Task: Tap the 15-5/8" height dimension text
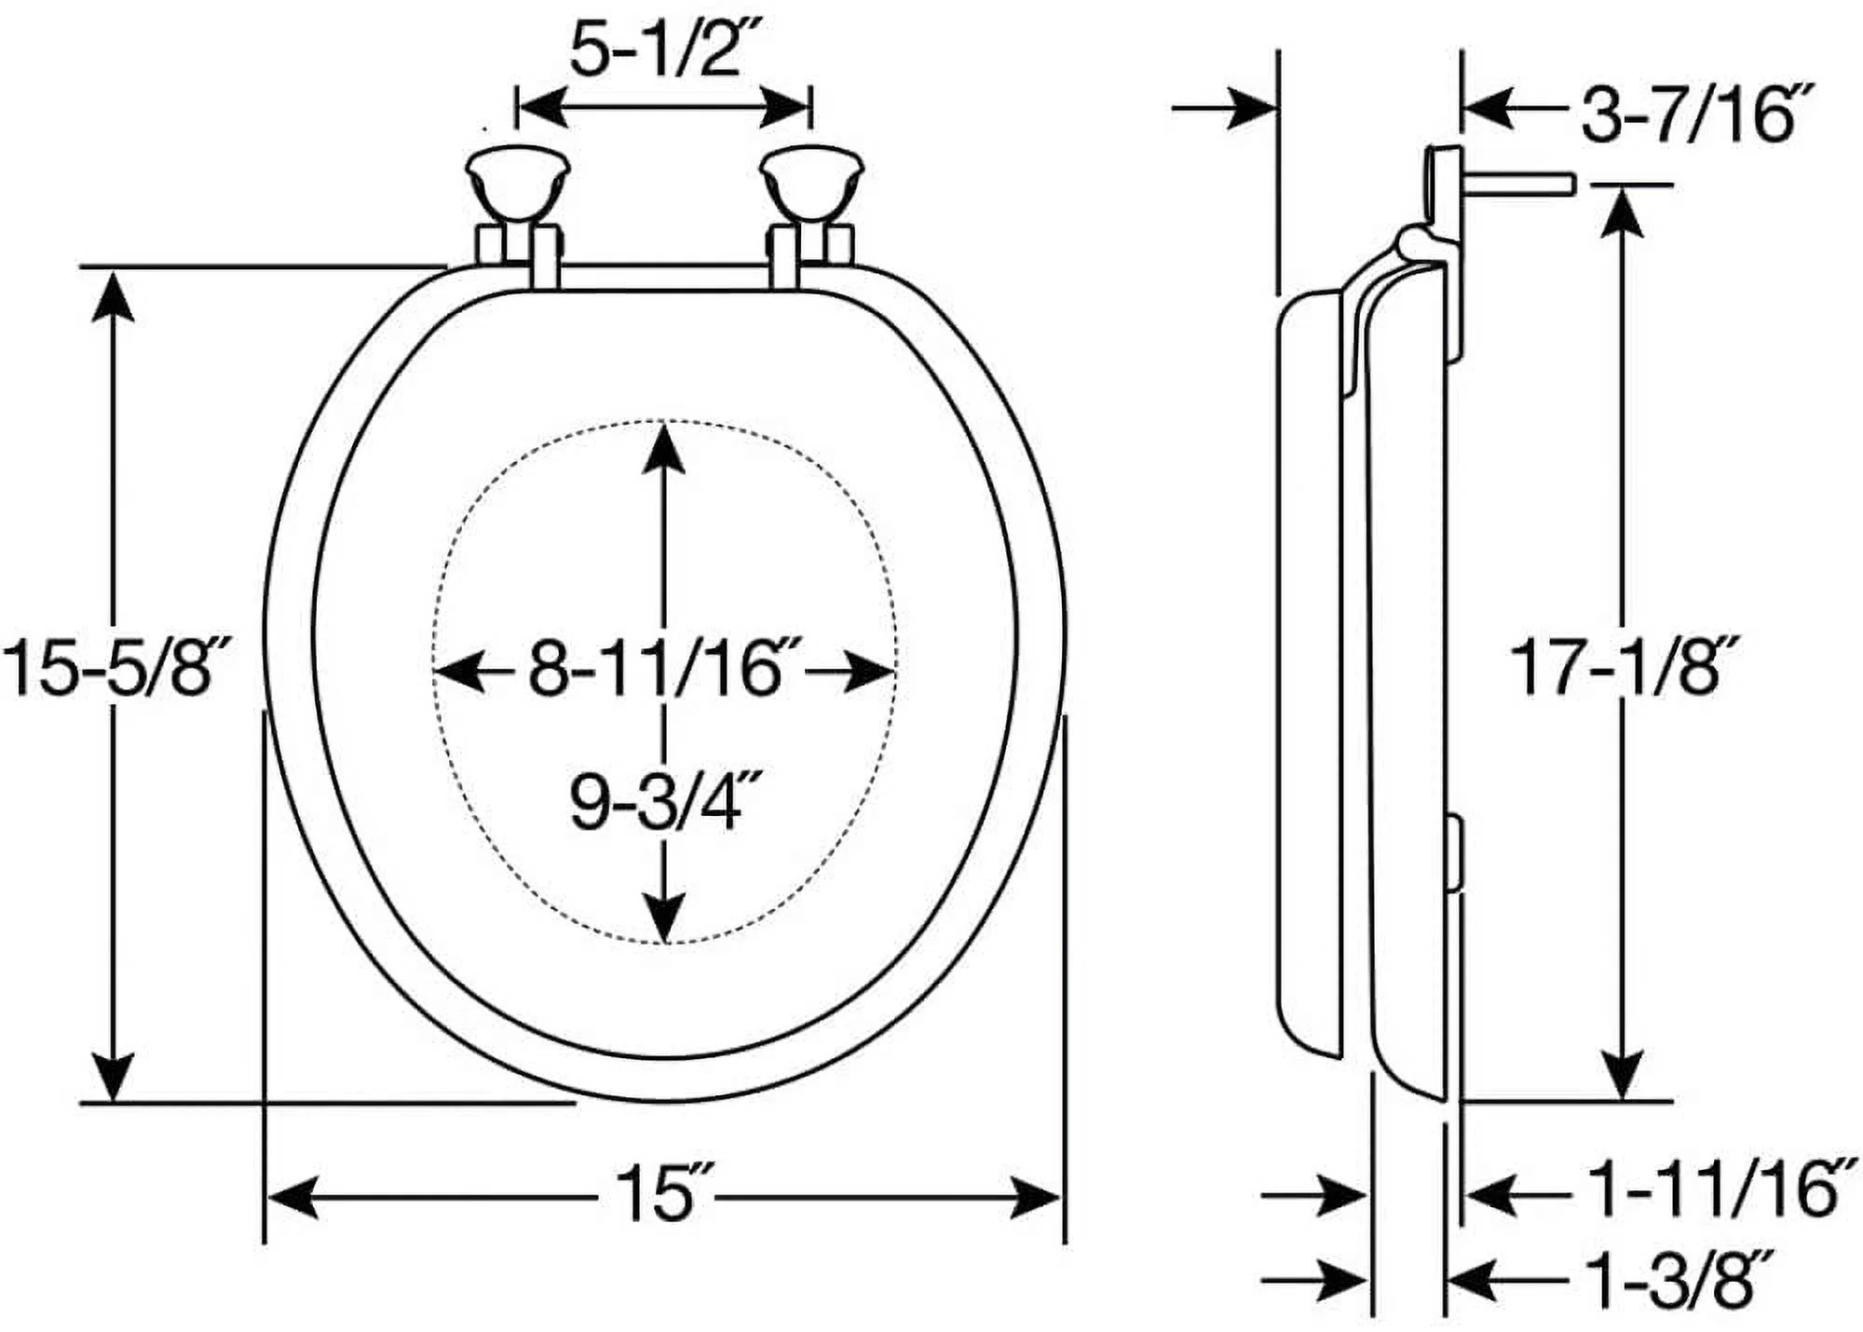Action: click(113, 668)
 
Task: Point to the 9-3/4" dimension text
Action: click(664, 803)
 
